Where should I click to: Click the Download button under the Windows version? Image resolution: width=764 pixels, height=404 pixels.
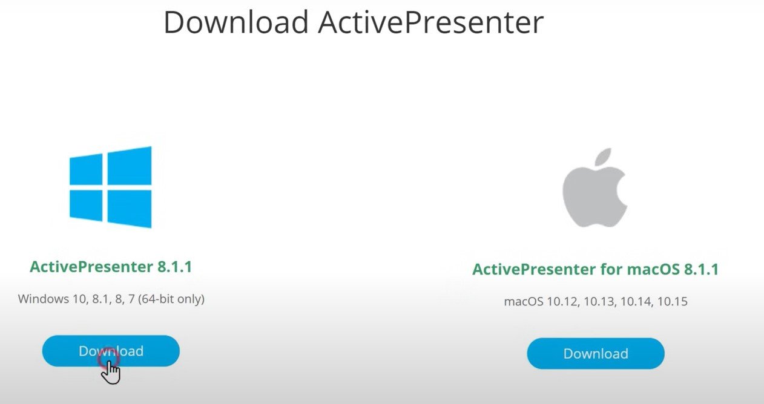(111, 351)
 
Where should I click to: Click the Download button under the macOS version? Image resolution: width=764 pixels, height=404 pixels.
(596, 353)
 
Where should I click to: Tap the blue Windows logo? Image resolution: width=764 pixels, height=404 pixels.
(111, 187)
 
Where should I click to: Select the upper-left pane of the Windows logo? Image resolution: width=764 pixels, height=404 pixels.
(86, 169)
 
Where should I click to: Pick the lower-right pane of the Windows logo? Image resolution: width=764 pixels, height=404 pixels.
(130, 209)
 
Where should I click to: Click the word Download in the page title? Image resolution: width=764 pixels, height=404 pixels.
(236, 22)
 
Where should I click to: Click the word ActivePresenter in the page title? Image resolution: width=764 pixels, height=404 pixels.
(431, 22)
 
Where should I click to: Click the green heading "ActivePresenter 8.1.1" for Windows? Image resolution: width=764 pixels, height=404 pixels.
(111, 266)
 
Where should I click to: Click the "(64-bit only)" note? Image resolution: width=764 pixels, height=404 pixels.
(171, 299)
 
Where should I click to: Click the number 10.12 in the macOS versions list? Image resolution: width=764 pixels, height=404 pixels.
(562, 301)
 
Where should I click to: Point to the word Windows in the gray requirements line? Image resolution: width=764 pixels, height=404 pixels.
(44, 299)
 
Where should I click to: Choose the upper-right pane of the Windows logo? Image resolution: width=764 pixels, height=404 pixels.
(130, 166)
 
